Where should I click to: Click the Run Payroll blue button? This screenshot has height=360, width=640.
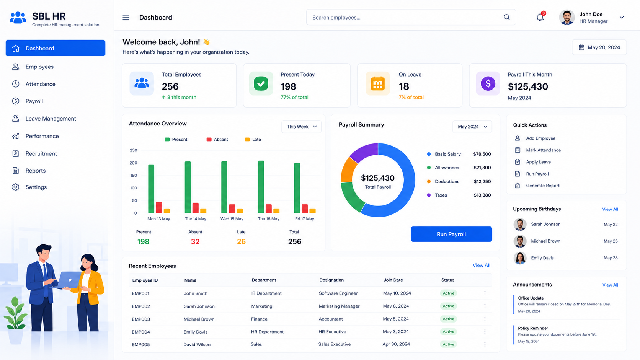pyautogui.click(x=451, y=234)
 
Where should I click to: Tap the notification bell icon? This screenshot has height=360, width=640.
pyautogui.click(x=540, y=17)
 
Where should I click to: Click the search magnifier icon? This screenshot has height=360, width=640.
pyautogui.click(x=506, y=18)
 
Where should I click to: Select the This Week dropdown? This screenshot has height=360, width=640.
pyautogui.click(x=301, y=127)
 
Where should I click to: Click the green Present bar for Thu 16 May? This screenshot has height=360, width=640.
pyautogui.click(x=261, y=187)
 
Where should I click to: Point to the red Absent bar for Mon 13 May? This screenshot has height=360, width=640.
pyautogui.click(x=159, y=208)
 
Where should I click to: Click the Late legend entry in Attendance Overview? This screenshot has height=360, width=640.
pyautogui.click(x=253, y=139)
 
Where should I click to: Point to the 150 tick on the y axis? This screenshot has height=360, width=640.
pyautogui.click(x=134, y=175)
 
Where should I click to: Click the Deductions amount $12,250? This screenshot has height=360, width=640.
pyautogui.click(x=482, y=181)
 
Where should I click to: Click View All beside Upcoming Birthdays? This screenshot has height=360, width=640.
pyautogui.click(x=610, y=209)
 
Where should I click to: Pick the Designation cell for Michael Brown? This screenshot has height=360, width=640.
pyautogui.click(x=331, y=319)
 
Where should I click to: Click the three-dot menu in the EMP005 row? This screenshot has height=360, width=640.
pyautogui.click(x=485, y=344)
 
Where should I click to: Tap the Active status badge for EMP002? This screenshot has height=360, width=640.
pyautogui.click(x=448, y=306)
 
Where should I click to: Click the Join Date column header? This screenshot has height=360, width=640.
pyautogui.click(x=393, y=280)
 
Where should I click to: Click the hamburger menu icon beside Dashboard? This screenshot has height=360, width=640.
pyautogui.click(x=126, y=18)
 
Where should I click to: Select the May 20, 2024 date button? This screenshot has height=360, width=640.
pyautogui.click(x=599, y=47)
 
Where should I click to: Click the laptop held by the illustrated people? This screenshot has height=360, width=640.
pyautogui.click(x=69, y=280)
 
